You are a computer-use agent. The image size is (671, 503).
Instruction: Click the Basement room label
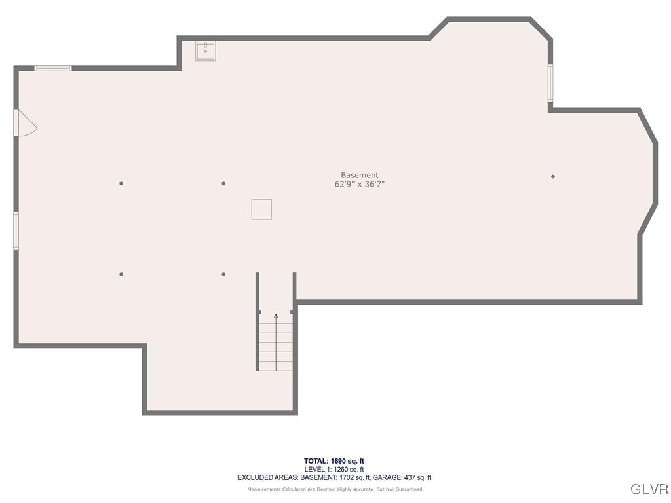pyautogui.click(x=359, y=175)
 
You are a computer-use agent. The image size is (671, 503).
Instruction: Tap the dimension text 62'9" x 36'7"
pyautogui.click(x=359, y=185)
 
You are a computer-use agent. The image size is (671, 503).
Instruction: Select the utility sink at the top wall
pyautogui.click(x=206, y=50)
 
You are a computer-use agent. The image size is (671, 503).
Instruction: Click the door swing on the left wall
pyautogui.click(x=25, y=123)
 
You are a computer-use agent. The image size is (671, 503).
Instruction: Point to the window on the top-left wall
pyautogui.click(x=52, y=68)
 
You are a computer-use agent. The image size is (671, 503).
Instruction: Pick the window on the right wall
pyautogui.click(x=550, y=83)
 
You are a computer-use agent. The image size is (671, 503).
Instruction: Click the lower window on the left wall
pyautogui.click(x=16, y=231)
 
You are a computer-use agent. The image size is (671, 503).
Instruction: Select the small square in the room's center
pyautogui.click(x=261, y=210)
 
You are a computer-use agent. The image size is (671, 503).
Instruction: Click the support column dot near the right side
pyautogui.click(x=553, y=176)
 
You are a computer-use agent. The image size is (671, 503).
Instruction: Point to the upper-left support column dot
pyautogui.click(x=121, y=183)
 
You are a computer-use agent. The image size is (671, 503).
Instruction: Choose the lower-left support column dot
pyautogui.click(x=121, y=274)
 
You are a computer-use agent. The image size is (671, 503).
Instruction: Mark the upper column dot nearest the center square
pyautogui.click(x=223, y=183)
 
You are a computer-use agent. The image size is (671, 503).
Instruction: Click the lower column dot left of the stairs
pyautogui.click(x=223, y=274)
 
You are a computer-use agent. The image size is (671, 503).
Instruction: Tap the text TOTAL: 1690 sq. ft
pyautogui.click(x=334, y=461)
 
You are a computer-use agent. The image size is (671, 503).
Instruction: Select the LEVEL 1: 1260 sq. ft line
pyautogui.click(x=334, y=470)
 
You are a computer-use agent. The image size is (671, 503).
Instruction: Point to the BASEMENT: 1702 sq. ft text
pyautogui.click(x=335, y=478)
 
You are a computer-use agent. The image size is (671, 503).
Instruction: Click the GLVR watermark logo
pyautogui.click(x=649, y=489)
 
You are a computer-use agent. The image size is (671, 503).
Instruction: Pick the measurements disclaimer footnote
pyautogui.click(x=335, y=489)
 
